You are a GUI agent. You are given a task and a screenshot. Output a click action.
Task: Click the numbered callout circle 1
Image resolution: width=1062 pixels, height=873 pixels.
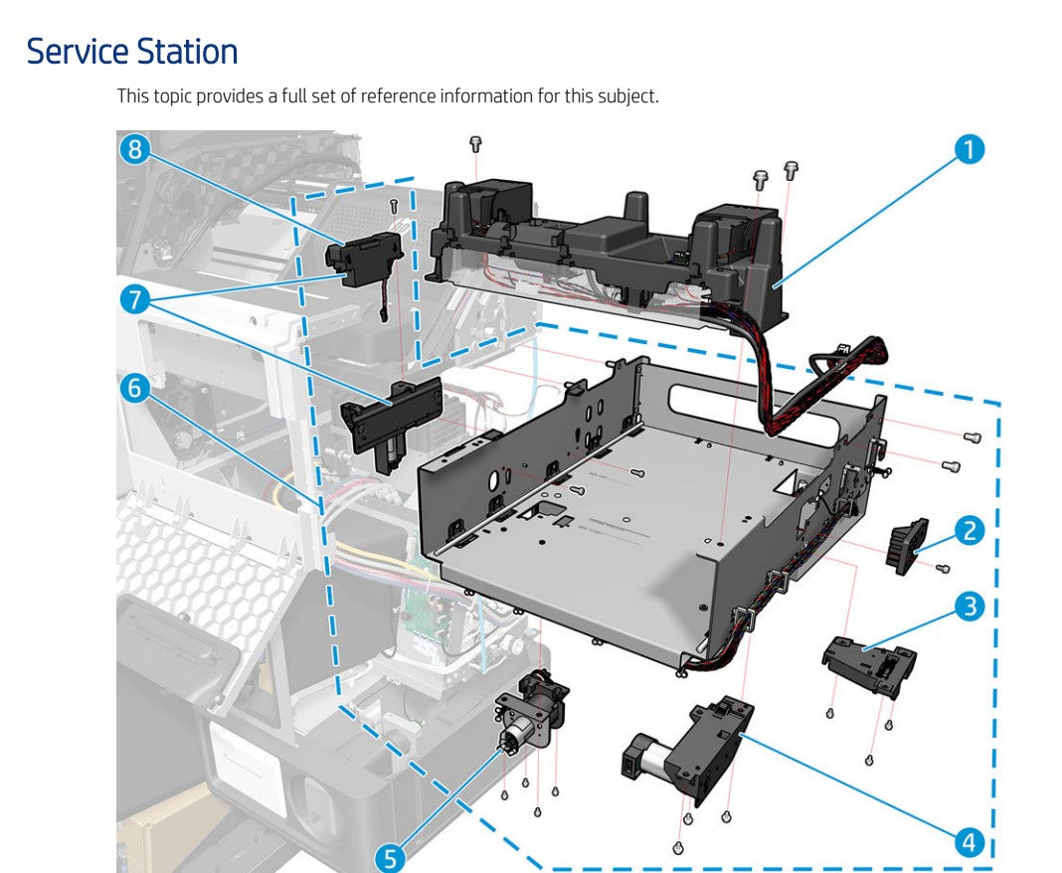pos(969,149)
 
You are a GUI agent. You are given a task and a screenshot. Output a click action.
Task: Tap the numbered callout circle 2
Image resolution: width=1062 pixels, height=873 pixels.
pos(969,530)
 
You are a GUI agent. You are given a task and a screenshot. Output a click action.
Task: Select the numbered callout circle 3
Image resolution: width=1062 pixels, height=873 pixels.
pos(969,606)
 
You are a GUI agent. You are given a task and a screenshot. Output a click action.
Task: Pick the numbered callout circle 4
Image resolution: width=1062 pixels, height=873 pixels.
pos(969,842)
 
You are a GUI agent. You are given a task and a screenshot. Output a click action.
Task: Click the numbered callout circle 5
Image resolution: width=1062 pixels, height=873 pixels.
pos(390,857)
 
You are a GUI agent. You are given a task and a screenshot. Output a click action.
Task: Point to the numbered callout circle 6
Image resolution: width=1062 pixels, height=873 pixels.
pos(134,388)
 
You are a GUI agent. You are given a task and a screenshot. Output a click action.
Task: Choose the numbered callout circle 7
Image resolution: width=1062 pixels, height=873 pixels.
pos(134,297)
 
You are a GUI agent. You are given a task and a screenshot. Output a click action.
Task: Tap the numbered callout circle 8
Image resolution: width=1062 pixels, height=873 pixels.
pos(134,149)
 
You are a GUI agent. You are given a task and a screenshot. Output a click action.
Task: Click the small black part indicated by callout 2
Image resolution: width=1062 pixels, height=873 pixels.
pos(906,546)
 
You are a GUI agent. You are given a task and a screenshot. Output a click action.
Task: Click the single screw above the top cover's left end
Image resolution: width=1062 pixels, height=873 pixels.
pos(475,144)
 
